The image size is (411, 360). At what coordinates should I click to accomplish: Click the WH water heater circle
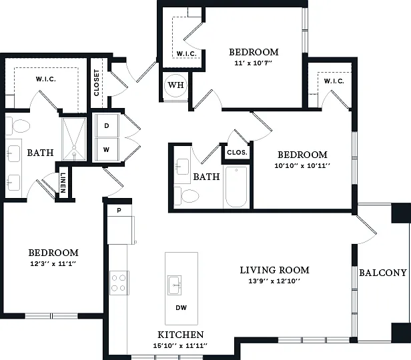[x=175, y=85]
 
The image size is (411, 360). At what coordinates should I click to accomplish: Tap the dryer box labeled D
[x=107, y=125]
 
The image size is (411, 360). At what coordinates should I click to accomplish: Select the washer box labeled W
[x=107, y=149]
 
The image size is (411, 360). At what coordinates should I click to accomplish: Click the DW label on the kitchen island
[x=181, y=307]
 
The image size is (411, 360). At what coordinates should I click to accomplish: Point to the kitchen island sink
[x=175, y=285]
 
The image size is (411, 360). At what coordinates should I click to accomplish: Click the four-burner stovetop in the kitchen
[x=119, y=283]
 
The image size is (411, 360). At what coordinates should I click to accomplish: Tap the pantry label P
[x=119, y=210]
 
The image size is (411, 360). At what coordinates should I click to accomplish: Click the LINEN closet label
[x=63, y=183]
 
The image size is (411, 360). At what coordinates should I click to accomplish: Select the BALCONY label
[x=383, y=273]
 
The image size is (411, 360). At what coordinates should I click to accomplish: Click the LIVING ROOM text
[x=274, y=270]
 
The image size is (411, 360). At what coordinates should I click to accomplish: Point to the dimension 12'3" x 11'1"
[x=53, y=263]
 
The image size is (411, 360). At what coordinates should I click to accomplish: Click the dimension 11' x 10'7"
[x=254, y=63]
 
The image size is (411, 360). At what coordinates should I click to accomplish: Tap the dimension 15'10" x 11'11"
[x=180, y=345]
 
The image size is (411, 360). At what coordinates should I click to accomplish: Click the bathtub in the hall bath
[x=236, y=187]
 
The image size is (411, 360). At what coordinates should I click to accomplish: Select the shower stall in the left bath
[x=74, y=139]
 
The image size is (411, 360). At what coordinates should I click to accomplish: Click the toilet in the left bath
[x=18, y=126]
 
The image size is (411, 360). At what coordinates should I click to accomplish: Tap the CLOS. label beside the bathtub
[x=237, y=153]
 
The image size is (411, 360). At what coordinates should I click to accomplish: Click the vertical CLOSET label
[x=97, y=83]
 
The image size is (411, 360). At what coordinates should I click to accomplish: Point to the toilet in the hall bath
[x=187, y=196]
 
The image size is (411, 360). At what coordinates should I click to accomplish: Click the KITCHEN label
[x=181, y=335]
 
